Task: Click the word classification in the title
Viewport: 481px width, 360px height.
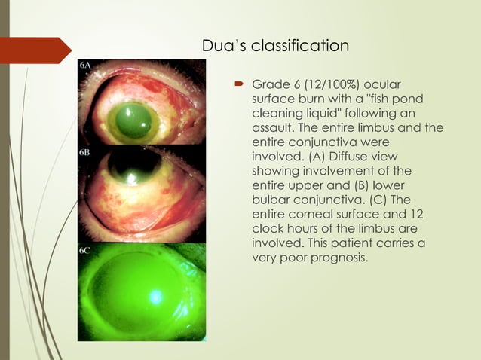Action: pos(305,47)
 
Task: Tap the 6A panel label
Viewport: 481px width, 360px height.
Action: pos(85,66)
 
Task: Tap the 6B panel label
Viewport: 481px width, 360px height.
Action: pos(85,151)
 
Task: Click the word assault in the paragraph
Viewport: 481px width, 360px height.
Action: pos(277,127)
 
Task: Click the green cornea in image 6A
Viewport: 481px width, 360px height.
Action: pos(134,120)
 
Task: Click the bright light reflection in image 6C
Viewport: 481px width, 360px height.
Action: pos(156,297)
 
